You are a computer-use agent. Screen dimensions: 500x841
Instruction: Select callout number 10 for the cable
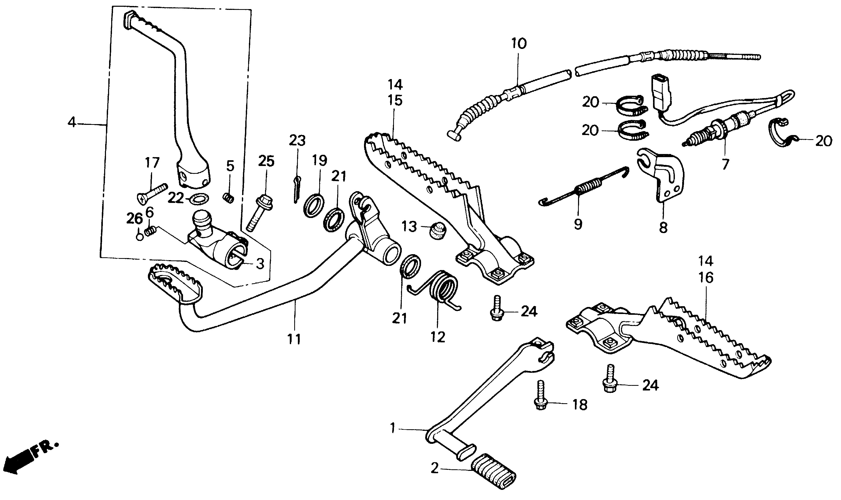[518, 44]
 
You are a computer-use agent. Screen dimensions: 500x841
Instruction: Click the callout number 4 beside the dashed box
[72, 122]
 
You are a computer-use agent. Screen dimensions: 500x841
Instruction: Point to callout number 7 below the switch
[725, 164]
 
